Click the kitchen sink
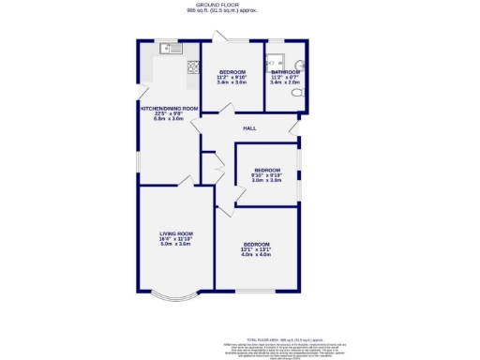(169, 48)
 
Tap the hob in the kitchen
(193, 67)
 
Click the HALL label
(249, 127)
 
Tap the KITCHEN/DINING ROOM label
(169, 109)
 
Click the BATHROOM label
(284, 71)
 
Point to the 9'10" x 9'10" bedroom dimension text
(266, 175)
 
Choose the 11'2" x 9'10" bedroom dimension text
(231, 77)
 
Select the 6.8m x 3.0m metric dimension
(169, 119)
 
